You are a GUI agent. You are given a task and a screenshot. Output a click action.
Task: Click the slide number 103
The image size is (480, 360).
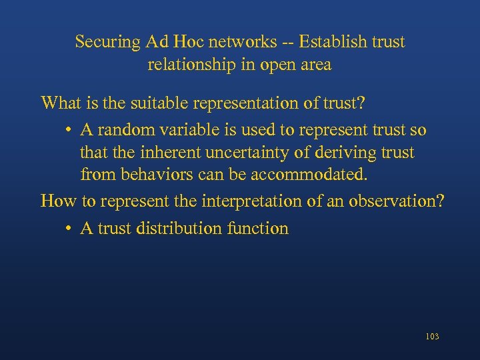432,337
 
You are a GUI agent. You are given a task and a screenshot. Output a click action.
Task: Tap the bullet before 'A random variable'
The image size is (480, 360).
69,129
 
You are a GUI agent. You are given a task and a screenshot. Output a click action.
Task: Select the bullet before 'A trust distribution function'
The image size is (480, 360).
69,229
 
